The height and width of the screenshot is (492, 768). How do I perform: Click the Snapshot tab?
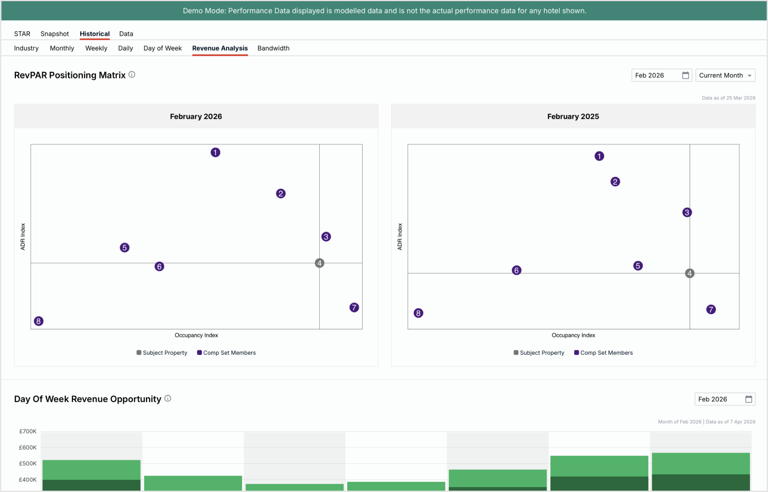point(54,33)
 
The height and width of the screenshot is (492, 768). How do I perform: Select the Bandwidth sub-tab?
point(273,48)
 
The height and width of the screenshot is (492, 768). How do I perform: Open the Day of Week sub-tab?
point(162,48)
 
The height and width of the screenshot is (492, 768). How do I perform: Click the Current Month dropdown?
point(725,75)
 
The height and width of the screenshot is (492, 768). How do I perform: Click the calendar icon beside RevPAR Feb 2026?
point(685,75)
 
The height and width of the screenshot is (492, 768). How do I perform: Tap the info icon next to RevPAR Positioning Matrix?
point(132,75)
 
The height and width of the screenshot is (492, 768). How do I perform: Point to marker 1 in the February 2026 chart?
point(216,152)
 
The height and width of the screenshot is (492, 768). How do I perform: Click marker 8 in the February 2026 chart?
point(38,321)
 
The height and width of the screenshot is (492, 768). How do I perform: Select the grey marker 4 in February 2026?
point(320,263)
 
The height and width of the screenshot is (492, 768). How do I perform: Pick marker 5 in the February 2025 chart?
point(637,266)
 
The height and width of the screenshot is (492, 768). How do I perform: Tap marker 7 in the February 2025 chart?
point(711,310)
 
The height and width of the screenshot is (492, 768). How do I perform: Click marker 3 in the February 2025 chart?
point(687,213)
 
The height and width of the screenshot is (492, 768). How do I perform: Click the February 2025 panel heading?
point(573,116)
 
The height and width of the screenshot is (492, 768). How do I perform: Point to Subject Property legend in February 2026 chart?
point(162,353)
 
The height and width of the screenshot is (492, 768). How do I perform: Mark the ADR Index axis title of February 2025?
point(400,237)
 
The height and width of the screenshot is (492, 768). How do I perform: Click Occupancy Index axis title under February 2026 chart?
point(196,335)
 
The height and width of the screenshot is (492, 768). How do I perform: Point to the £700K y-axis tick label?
point(27,432)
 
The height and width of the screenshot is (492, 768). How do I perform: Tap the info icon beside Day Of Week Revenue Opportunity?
point(168,399)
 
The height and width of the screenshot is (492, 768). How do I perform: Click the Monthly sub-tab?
point(62,48)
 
